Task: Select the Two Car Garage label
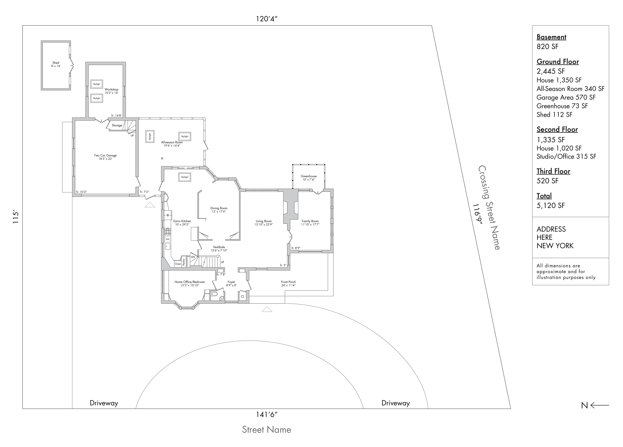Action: click(x=105, y=155)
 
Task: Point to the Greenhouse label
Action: click(x=309, y=176)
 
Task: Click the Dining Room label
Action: click(x=219, y=208)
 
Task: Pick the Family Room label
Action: click(x=310, y=221)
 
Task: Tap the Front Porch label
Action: click(x=288, y=282)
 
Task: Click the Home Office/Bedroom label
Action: click(x=190, y=282)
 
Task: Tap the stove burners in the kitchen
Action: click(x=167, y=232)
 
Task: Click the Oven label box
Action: click(x=178, y=264)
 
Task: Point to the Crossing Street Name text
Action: click(x=489, y=208)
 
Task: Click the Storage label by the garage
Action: click(x=117, y=125)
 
